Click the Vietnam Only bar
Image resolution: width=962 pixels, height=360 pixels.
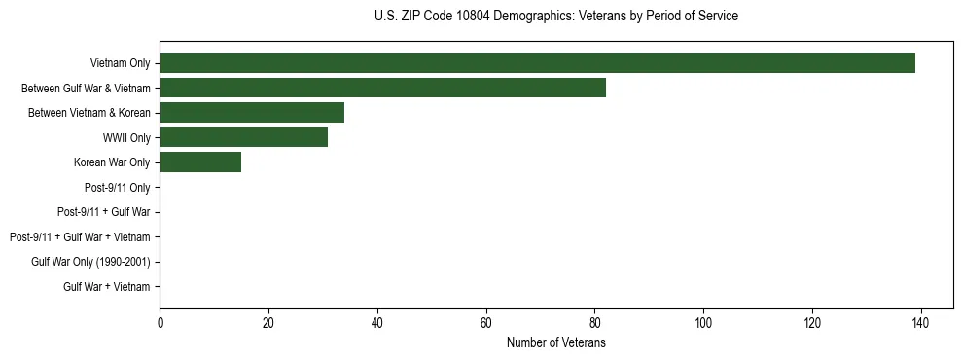[x=537, y=63]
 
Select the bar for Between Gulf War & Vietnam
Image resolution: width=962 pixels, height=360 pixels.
[x=382, y=88]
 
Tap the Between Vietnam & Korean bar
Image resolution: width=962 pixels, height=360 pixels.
[x=252, y=113]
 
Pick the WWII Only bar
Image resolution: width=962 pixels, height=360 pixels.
[x=243, y=137]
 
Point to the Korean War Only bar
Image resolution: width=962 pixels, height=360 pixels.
[x=200, y=162]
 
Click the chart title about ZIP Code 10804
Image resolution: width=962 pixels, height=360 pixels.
[x=555, y=17]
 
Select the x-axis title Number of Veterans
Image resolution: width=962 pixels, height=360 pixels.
[x=555, y=342]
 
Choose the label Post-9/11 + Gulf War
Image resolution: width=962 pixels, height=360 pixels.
[x=103, y=212]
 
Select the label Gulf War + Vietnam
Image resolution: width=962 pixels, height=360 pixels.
[x=107, y=287]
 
